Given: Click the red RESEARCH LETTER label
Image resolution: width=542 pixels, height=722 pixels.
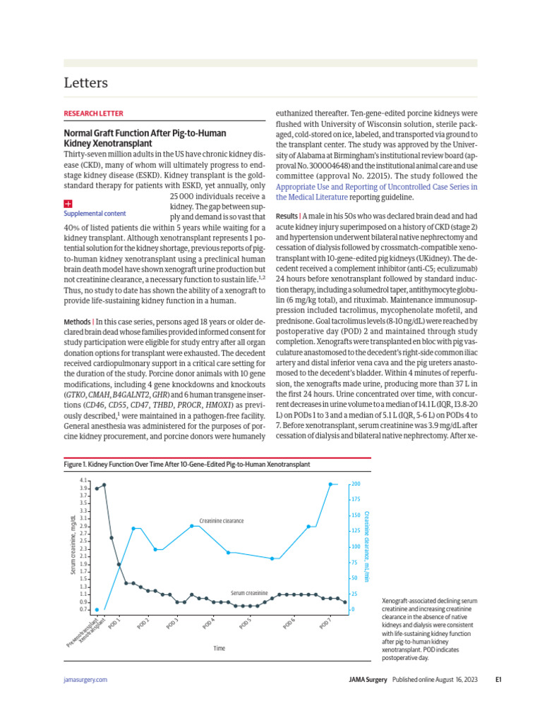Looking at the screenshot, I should (x=93, y=113).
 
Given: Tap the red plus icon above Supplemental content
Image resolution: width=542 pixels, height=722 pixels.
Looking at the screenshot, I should (x=68, y=203).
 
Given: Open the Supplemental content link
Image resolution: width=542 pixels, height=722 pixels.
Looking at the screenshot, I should (x=95, y=214).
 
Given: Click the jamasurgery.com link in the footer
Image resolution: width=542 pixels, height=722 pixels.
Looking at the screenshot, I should (x=85, y=680).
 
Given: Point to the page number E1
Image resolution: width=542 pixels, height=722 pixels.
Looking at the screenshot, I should (x=498, y=680).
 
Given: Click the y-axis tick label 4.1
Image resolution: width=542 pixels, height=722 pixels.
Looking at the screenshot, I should (x=83, y=480).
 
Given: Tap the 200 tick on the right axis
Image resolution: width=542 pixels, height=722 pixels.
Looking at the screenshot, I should (x=356, y=484).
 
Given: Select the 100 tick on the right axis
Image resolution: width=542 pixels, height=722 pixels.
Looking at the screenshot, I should (x=356, y=546).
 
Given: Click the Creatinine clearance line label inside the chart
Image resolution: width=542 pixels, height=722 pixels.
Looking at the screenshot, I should (x=221, y=521).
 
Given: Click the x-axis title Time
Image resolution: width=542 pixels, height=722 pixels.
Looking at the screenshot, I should (x=219, y=647).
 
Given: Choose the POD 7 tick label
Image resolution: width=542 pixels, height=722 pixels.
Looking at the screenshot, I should (x=325, y=623).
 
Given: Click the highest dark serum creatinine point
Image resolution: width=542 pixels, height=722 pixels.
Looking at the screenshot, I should (x=104, y=484).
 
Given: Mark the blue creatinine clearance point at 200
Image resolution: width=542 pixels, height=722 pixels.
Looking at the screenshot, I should (x=331, y=484).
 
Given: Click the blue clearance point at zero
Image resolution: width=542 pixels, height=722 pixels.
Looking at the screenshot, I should (x=97, y=609).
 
